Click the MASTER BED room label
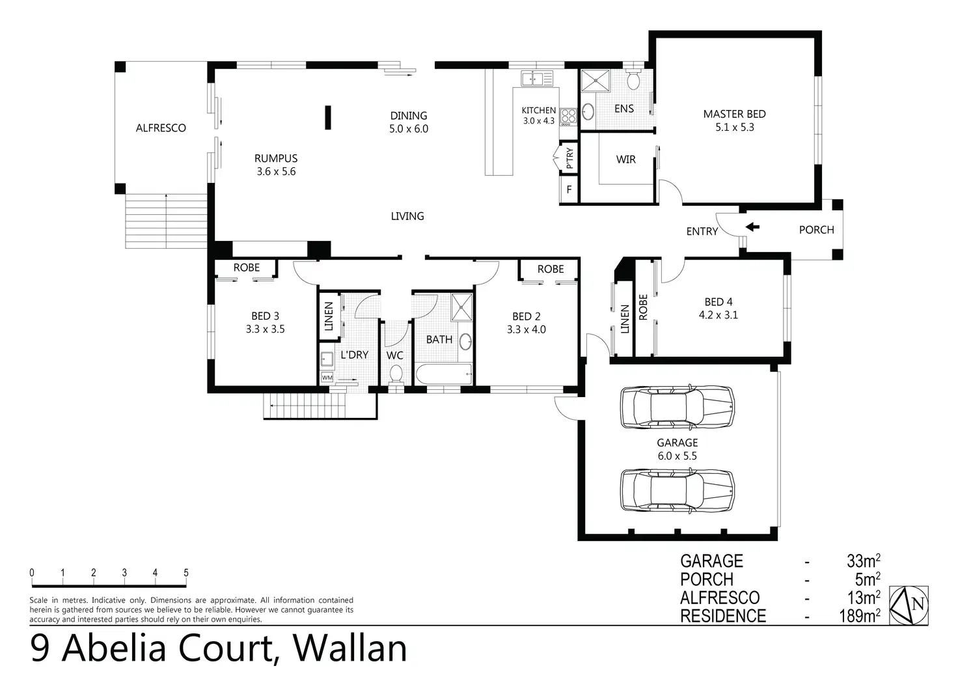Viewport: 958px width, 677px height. (x=734, y=114)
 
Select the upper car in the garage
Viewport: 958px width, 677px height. (x=677, y=407)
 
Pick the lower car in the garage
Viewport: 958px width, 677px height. (x=677, y=490)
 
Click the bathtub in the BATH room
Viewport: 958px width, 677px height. (x=443, y=375)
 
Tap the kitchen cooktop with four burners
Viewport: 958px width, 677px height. (x=569, y=116)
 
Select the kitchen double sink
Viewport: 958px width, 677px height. (x=536, y=79)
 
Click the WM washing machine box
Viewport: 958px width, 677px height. (x=327, y=378)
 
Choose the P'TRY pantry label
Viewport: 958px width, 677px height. (x=569, y=158)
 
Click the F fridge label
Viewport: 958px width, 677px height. (x=569, y=190)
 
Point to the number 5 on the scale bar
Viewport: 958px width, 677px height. (x=186, y=573)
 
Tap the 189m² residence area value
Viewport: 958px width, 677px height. (x=859, y=616)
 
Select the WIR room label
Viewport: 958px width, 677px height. (x=625, y=159)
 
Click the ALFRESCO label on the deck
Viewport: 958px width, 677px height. (x=161, y=128)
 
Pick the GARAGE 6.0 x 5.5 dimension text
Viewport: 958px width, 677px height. (x=677, y=456)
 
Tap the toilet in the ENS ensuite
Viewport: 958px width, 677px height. (x=634, y=81)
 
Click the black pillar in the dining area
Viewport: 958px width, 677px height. (x=329, y=118)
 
